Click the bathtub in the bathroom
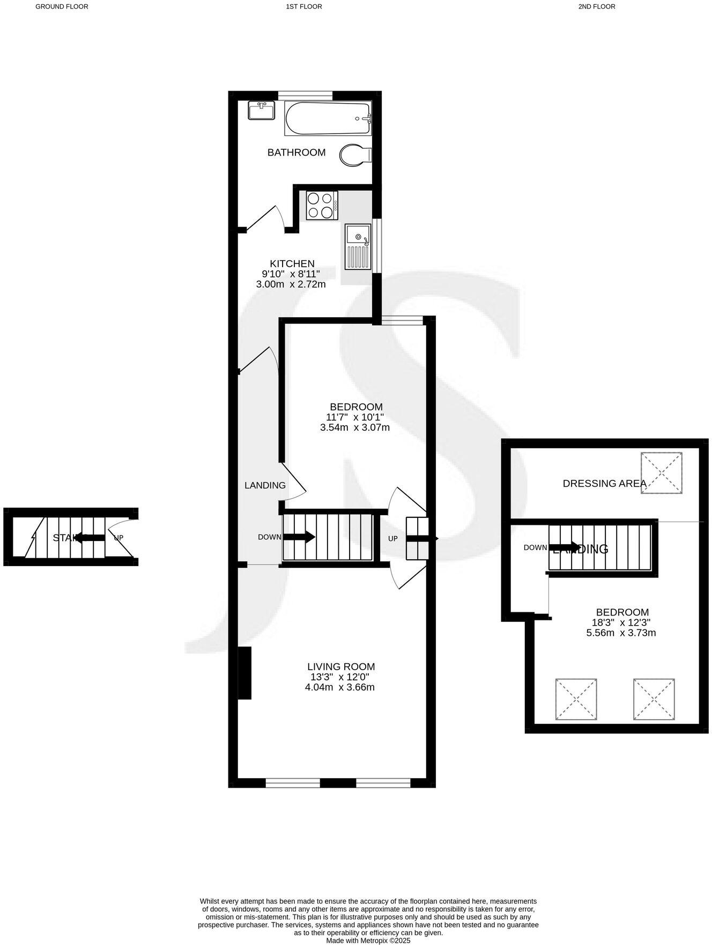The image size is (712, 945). click(328, 119)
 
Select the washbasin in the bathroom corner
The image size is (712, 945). click(262, 111)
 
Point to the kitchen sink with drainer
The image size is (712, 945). click(358, 246)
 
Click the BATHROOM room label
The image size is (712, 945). click(296, 152)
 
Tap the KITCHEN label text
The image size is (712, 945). click(292, 263)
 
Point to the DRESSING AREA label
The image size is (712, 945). click(604, 484)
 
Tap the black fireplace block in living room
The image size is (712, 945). click(244, 672)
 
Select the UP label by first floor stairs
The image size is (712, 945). click(392, 538)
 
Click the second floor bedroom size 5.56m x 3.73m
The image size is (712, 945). click(621, 633)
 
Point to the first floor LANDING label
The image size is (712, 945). click(265, 485)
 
